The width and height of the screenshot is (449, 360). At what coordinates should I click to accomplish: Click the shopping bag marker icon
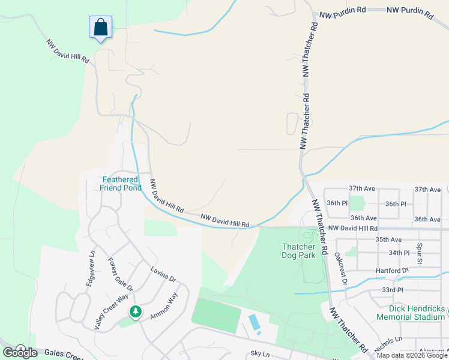pyautogui.click(x=101, y=27)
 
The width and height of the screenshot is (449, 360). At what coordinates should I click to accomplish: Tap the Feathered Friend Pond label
pyautogui.click(x=121, y=184)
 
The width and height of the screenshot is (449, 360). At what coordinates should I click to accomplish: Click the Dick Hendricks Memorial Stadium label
pyautogui.click(x=411, y=313)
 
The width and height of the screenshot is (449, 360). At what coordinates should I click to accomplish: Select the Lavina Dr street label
pyautogui.click(x=163, y=274)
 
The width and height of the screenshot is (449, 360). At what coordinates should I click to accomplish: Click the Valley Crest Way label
pyautogui.click(x=111, y=311)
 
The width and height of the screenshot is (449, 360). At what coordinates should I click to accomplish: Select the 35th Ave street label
pyautogui.click(x=388, y=239)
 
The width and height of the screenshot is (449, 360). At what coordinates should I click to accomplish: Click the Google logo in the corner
pyautogui.click(x=20, y=352)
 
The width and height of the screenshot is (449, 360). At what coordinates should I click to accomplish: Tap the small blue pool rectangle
pyautogui.click(x=255, y=322)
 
